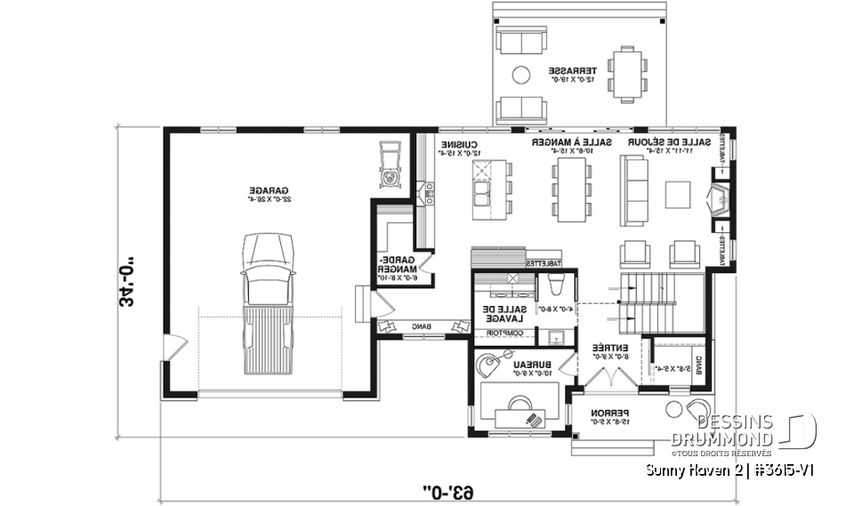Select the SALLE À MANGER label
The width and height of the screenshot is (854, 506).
click(572, 143)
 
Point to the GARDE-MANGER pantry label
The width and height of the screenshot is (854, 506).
click(392, 264)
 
